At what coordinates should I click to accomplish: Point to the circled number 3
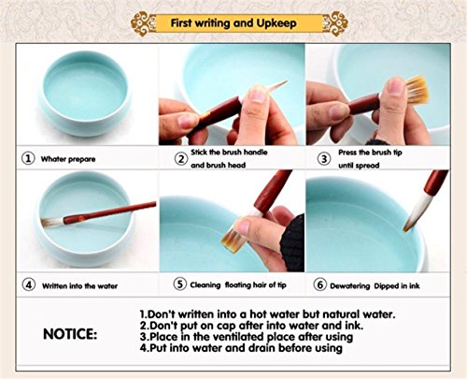[324, 158]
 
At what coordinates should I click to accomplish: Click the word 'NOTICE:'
[75, 332]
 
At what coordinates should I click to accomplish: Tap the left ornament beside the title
[144, 22]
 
